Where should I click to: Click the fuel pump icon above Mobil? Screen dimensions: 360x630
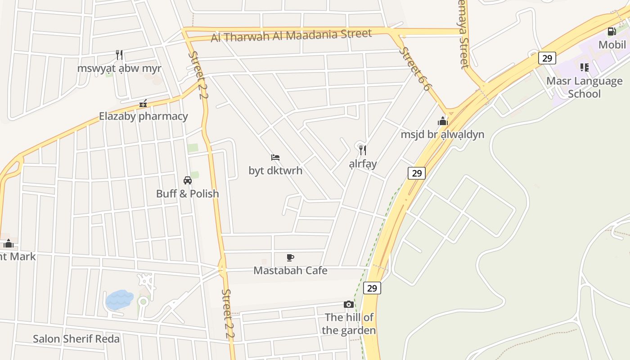pyautogui.click(x=612, y=31)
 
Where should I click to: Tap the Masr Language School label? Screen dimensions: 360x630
pyautogui.click(x=584, y=87)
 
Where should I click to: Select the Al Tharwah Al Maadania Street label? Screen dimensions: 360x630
pyautogui.click(x=291, y=35)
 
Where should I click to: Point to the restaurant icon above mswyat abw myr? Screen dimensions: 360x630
pyautogui.click(x=119, y=55)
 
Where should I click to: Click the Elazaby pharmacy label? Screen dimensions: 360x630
pyautogui.click(x=143, y=116)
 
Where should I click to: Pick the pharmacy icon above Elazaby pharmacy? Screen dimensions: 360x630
pyautogui.click(x=143, y=103)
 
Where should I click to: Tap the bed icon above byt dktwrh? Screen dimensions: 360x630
pyautogui.click(x=275, y=157)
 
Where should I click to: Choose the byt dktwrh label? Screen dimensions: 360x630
pyautogui.click(x=275, y=171)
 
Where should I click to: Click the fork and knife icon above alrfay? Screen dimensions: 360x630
pyautogui.click(x=363, y=150)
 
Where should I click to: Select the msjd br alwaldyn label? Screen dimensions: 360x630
pyautogui.click(x=442, y=134)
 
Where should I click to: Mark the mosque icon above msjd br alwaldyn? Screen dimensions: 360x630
pyautogui.click(x=443, y=121)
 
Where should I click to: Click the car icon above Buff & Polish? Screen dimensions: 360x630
pyautogui.click(x=188, y=180)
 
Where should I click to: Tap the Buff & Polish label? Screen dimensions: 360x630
pyautogui.click(x=187, y=193)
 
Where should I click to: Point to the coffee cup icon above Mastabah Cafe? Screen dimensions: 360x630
pyautogui.click(x=290, y=257)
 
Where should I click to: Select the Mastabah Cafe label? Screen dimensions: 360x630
pyautogui.click(x=290, y=270)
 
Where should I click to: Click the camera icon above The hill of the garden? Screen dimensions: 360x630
pyautogui.click(x=348, y=305)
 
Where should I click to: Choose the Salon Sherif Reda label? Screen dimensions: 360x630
pyautogui.click(x=76, y=339)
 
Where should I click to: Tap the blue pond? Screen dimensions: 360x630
pyautogui.click(x=119, y=299)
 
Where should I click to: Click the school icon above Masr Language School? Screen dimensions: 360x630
pyautogui.click(x=584, y=67)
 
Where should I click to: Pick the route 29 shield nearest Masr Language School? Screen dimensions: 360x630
pyautogui.click(x=547, y=58)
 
